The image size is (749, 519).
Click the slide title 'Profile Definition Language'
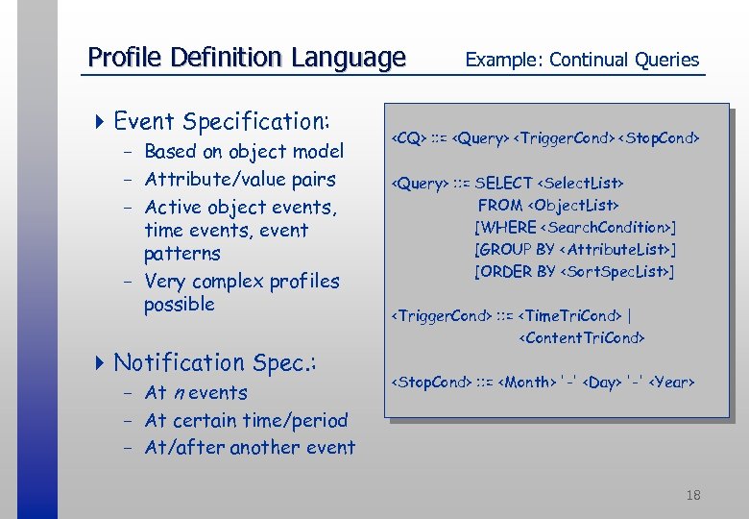(x=247, y=58)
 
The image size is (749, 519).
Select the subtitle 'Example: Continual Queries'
(x=582, y=60)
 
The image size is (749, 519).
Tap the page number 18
(x=693, y=495)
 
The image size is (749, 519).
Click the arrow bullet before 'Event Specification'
(x=101, y=122)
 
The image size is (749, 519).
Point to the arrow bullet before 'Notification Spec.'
(x=101, y=363)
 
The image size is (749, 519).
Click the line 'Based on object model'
(x=244, y=152)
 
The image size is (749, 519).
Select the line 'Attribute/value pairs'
(x=240, y=180)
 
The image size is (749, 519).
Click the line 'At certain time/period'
(x=246, y=421)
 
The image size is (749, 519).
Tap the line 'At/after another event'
(x=250, y=448)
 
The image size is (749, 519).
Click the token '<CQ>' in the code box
(x=408, y=139)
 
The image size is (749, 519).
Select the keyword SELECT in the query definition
(x=503, y=183)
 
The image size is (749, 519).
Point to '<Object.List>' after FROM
(x=573, y=205)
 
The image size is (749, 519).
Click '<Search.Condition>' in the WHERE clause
(x=605, y=228)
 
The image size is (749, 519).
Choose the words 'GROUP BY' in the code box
(x=517, y=250)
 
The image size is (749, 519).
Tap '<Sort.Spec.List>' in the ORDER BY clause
(x=615, y=272)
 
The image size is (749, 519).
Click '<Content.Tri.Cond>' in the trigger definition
(x=581, y=337)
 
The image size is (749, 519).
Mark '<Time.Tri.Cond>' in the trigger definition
(x=569, y=315)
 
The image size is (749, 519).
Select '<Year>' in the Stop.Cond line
(x=671, y=383)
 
